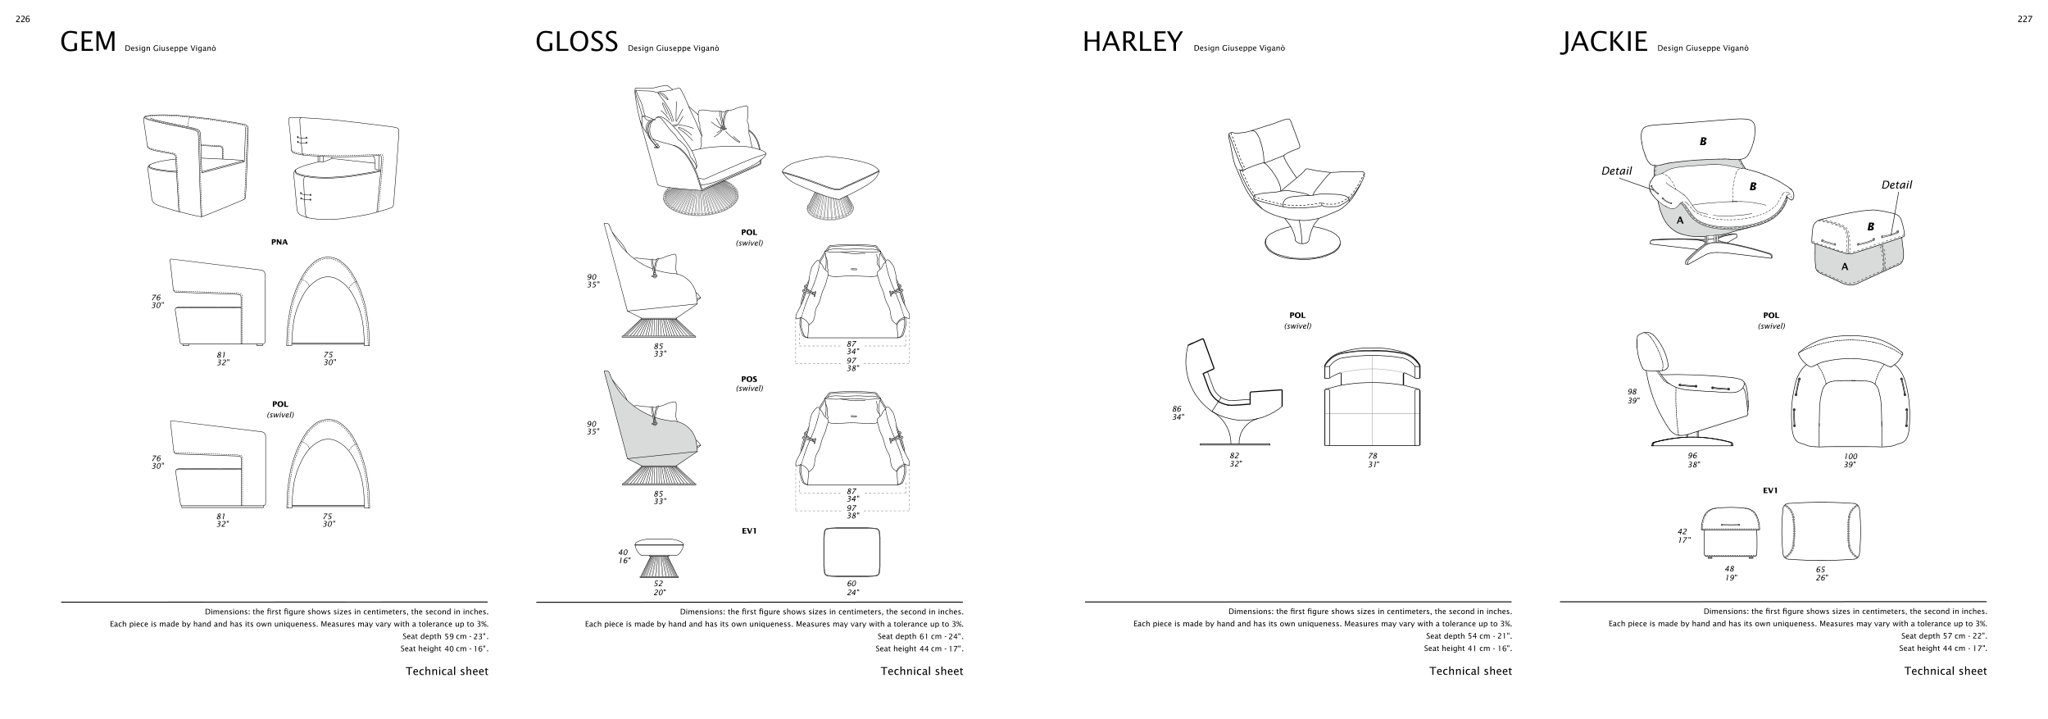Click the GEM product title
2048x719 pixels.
[x=89, y=42]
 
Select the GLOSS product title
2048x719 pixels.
[x=576, y=42]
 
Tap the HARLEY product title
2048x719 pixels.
[x=1132, y=42]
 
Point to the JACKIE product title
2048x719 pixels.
[x=1604, y=42]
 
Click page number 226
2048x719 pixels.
[x=23, y=20]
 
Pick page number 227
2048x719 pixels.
[x=2024, y=20]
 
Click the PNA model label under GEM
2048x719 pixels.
[x=279, y=243]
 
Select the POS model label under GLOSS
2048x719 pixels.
[x=749, y=380]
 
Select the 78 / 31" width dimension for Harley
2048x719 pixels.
[x=1373, y=460]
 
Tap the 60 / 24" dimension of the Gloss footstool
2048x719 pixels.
[x=852, y=588]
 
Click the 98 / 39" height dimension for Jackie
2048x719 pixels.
[x=1632, y=396]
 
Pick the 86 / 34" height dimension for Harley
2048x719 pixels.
[x=1178, y=412]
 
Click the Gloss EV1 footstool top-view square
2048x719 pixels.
[x=851, y=552]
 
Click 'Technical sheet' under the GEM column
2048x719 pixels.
[x=447, y=671]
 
